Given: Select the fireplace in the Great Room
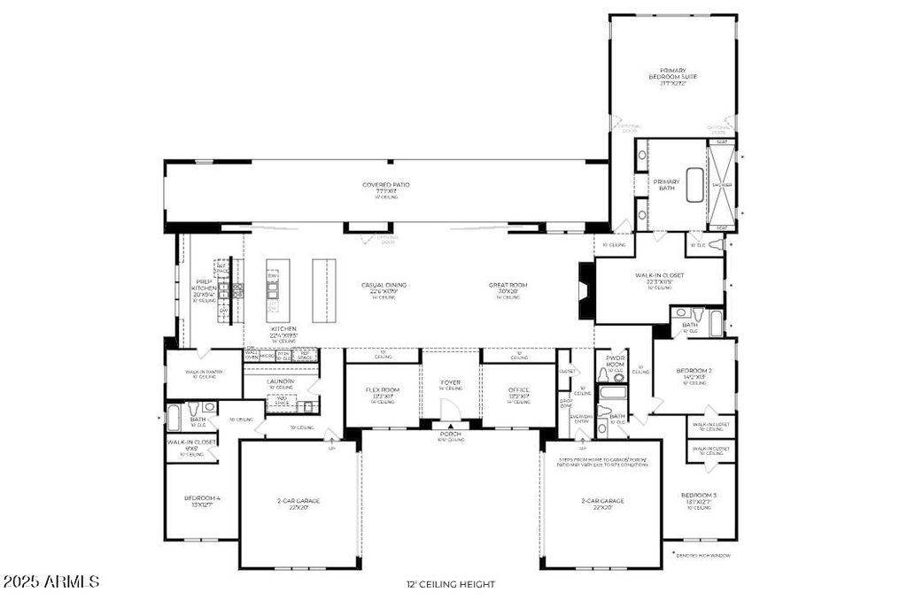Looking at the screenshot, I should (585, 289).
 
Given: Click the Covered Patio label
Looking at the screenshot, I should (385, 186).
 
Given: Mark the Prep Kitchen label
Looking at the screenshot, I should (204, 289).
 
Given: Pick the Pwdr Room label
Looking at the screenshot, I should (615, 363).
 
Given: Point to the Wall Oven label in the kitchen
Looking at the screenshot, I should (252, 354).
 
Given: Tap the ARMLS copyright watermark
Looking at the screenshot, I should (51, 582).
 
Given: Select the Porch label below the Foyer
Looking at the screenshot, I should (451, 435).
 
